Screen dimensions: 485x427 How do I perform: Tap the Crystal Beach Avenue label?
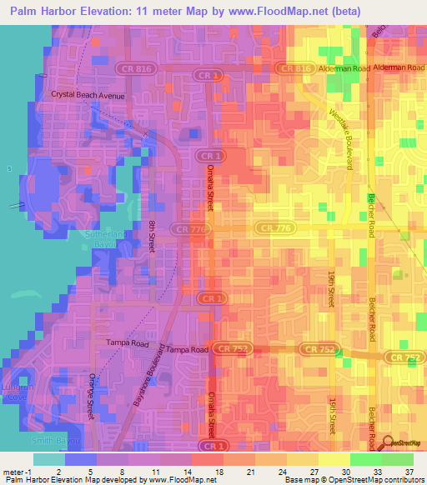(x=88, y=96)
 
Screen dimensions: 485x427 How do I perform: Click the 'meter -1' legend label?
(x=16, y=472)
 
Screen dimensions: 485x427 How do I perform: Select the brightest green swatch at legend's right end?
(x=397, y=459)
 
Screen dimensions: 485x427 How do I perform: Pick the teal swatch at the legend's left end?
(x=48, y=459)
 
